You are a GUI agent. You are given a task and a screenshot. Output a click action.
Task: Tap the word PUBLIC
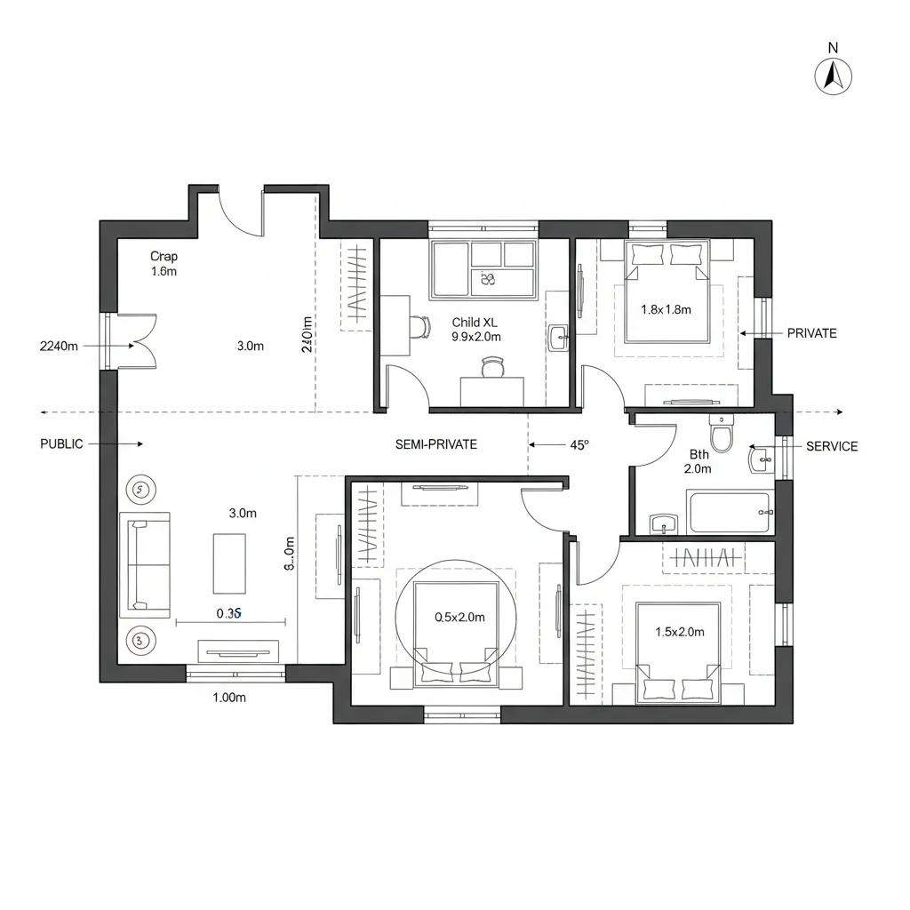coord(62,443)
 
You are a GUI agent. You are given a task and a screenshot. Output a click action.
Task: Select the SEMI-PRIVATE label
coord(435,443)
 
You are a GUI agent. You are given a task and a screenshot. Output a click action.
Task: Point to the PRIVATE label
coord(811,333)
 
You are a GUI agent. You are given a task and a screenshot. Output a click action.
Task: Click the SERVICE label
coord(831,446)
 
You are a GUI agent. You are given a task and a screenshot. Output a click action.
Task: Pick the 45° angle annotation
coord(579,445)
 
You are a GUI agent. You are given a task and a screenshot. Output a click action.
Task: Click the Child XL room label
coord(475,323)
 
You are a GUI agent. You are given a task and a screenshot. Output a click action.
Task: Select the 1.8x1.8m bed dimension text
coord(666,309)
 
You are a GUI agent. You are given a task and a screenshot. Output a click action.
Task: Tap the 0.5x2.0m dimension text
coord(459,617)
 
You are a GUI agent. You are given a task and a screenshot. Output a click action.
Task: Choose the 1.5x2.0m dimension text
coord(679,632)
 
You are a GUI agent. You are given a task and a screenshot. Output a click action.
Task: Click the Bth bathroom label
coord(699,454)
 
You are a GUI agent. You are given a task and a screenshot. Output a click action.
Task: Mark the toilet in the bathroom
coord(721,435)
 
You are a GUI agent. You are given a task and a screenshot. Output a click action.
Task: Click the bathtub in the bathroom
coord(728,513)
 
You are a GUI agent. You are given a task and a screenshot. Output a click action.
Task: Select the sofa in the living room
coord(145,565)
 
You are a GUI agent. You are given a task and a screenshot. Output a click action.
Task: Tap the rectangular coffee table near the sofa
coord(229,563)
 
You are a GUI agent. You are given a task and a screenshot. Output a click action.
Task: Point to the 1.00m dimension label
coord(229,698)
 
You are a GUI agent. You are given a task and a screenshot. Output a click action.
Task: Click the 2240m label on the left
coord(60,346)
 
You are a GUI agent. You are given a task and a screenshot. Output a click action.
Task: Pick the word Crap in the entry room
coord(164,257)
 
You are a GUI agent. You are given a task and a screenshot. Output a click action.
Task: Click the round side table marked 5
coord(140,488)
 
